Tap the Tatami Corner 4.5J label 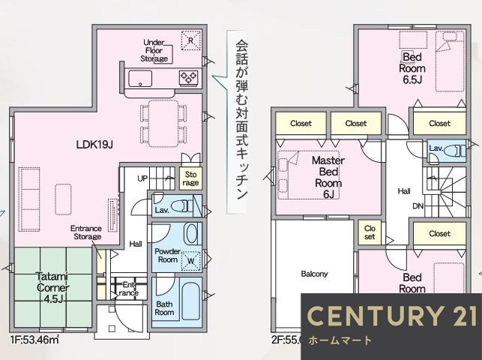(x=52, y=287)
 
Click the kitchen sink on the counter (x=140, y=78)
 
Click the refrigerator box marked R (x=192, y=40)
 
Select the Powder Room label (x=166, y=255)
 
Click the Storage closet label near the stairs (x=191, y=178)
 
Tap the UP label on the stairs (x=142, y=178)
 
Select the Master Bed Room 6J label (x=328, y=177)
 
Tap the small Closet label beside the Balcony (x=370, y=232)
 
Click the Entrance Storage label (x=86, y=232)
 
